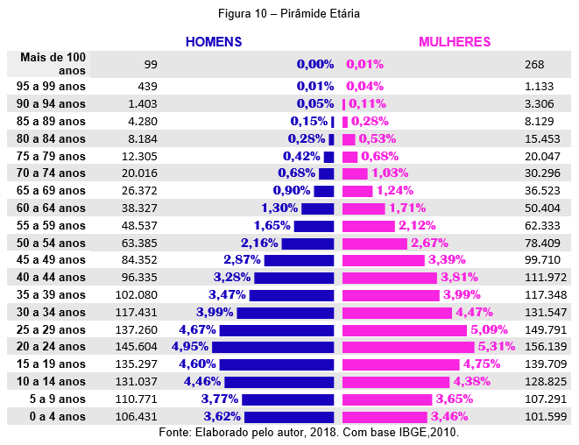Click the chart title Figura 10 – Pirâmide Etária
pyautogui.click(x=289, y=14)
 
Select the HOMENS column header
pyautogui.click(x=214, y=42)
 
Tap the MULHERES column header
pyautogui.click(x=455, y=42)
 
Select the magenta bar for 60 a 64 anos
pyautogui.click(x=364, y=208)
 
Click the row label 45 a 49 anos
pyautogui.click(x=51, y=260)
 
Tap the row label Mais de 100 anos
pyautogui.click(x=52, y=64)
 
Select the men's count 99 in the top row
pyautogui.click(x=151, y=65)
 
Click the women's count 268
pyautogui.click(x=534, y=65)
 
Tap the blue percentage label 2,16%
pyautogui.click(x=259, y=243)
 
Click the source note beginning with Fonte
pyautogui.click(x=308, y=433)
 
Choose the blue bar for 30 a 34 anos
pyautogui.click(x=286, y=313)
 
